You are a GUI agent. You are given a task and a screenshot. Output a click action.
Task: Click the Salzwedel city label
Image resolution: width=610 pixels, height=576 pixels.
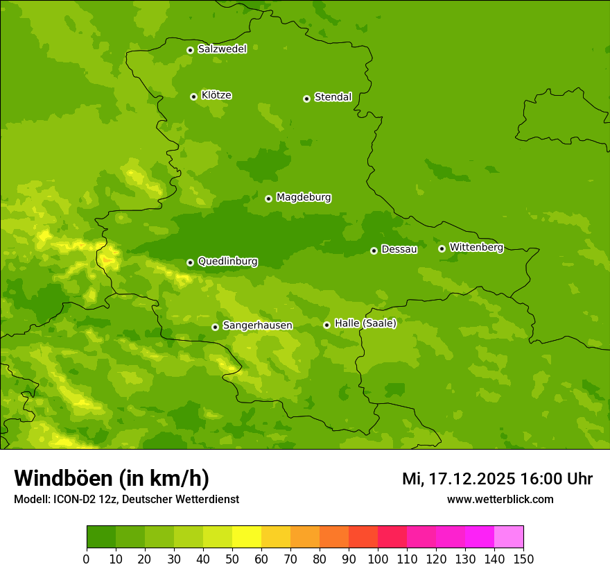222,49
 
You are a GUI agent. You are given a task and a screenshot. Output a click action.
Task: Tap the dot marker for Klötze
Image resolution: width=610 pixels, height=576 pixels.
194,96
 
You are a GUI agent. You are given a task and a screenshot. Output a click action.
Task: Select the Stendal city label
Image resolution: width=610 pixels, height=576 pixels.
333,97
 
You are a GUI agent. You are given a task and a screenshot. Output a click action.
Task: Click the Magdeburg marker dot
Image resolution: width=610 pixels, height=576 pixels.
269,198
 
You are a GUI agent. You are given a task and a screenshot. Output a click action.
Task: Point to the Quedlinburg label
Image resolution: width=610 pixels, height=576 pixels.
227,262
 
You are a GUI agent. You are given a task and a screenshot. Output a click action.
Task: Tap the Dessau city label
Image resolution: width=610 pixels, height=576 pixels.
399,249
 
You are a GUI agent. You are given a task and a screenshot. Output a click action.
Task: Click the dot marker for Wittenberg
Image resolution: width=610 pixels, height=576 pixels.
442,248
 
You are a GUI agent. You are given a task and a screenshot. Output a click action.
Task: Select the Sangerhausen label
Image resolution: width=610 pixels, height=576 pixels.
257,325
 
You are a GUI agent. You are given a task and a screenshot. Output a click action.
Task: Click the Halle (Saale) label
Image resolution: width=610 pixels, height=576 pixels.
365,323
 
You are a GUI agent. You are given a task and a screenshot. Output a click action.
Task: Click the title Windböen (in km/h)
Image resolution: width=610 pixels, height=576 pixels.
112,479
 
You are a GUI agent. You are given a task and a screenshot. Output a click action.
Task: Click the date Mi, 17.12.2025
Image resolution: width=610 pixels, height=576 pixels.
459,479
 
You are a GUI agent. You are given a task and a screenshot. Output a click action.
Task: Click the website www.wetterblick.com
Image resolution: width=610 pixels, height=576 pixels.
500,500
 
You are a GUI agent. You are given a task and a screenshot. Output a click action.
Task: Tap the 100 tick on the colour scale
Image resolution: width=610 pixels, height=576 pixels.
378,559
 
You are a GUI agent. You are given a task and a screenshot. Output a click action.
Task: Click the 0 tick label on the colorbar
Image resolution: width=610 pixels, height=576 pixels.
87,559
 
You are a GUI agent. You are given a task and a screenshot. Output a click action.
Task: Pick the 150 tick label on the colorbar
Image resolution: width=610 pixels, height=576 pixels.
523,559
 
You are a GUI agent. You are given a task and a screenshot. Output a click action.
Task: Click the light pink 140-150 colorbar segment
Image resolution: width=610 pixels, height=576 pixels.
509,537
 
